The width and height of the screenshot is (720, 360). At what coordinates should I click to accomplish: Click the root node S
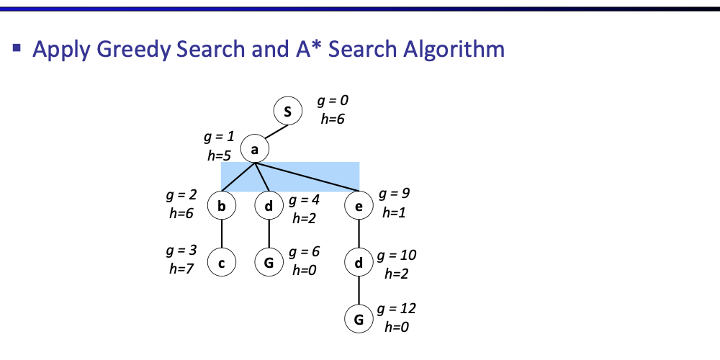288,112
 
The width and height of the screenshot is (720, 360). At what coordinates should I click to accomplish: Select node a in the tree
254,149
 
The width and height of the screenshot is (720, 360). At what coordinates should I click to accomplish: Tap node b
222,207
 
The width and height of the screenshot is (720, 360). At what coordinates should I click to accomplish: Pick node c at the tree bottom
222,264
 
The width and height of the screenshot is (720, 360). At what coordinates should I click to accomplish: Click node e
359,207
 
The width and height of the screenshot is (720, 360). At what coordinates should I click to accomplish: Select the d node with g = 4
269,207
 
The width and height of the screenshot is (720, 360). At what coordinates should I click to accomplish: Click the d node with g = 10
359,264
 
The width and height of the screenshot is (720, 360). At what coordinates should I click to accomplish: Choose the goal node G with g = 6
269,264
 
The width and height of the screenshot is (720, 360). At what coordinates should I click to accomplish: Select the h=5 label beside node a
219,153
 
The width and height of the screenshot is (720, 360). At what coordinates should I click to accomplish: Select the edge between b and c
222,235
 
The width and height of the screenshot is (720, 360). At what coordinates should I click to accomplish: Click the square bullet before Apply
17,49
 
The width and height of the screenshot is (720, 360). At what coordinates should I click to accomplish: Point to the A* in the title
303,50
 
